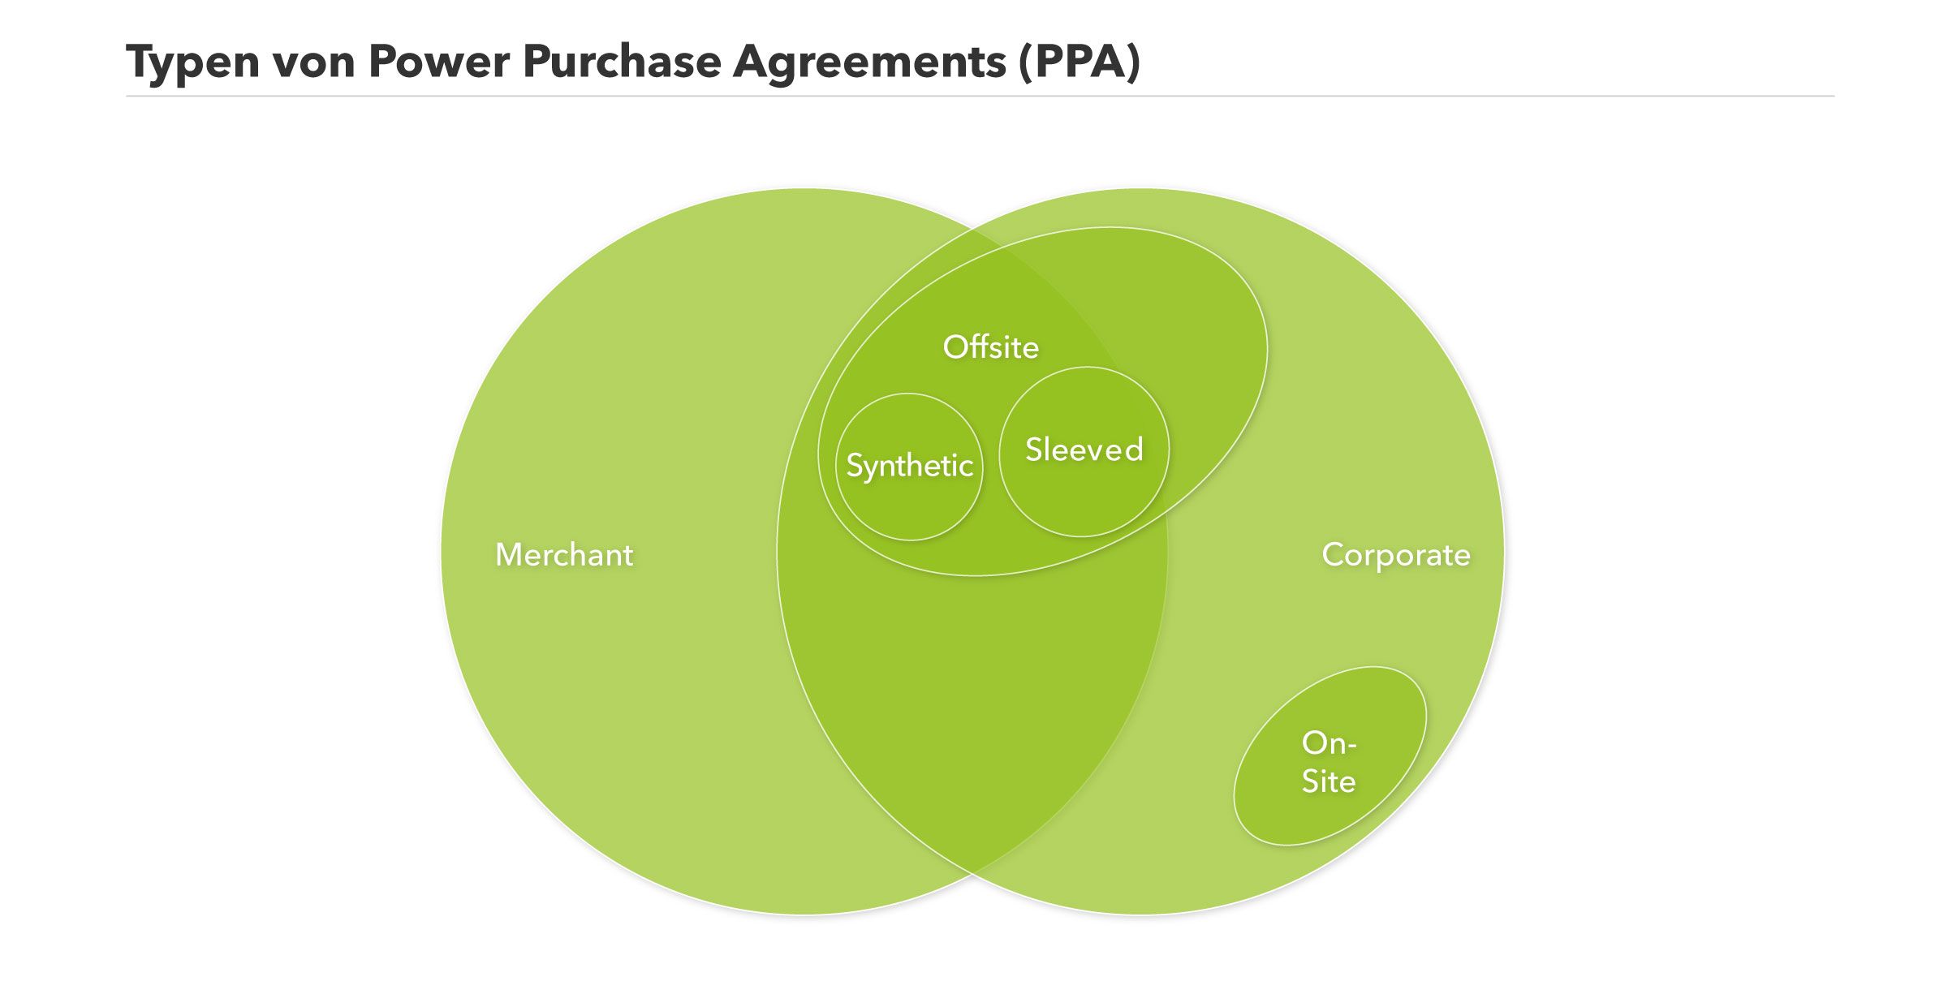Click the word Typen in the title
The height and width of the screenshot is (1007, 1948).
click(192, 62)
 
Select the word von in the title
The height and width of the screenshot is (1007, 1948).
click(313, 62)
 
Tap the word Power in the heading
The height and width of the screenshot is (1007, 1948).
click(438, 62)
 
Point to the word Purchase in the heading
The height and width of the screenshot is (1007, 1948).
click(622, 62)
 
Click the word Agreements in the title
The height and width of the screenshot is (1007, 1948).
click(869, 62)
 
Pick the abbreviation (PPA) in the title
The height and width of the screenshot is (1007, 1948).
click(1080, 62)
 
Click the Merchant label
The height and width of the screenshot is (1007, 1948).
click(564, 555)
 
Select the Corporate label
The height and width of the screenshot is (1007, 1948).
click(1396, 555)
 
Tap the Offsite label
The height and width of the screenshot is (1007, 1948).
click(990, 347)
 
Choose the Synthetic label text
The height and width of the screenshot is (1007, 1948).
click(909, 466)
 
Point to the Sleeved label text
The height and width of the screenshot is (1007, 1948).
click(1084, 450)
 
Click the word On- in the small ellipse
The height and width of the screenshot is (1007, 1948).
click(1329, 743)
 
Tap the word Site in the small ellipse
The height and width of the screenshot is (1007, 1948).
click(1329, 781)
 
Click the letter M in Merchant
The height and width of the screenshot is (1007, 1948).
click(508, 555)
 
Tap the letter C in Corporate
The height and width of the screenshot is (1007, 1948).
click(1332, 555)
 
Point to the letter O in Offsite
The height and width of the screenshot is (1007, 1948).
click(954, 347)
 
